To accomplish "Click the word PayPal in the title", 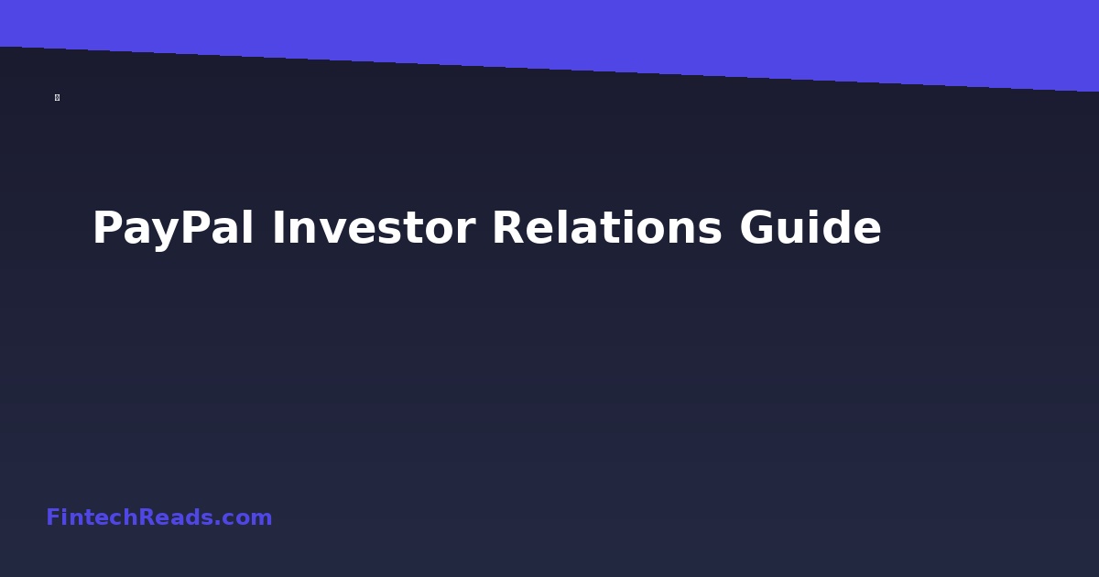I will (172, 228).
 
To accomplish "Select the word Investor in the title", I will (373, 228).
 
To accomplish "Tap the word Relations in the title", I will (607, 228).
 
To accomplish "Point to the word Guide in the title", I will (811, 228).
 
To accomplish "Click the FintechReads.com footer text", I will (159, 517).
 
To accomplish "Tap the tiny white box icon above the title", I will (57, 97).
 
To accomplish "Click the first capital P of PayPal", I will (108, 228).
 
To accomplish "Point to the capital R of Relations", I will (509, 228).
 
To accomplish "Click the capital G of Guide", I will (760, 228).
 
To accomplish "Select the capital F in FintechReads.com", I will (52, 517).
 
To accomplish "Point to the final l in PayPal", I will (248, 228).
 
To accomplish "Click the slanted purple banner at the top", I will (641, 32).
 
